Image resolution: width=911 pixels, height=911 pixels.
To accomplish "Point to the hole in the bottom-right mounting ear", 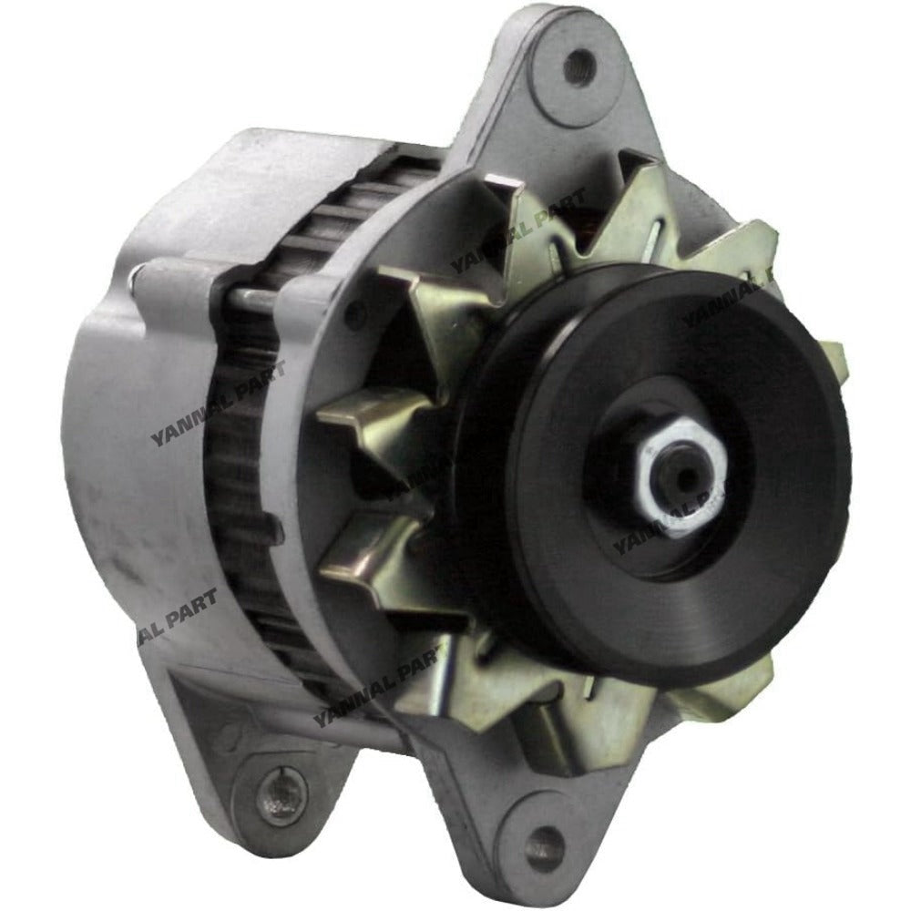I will pyautogui.click(x=545, y=837).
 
